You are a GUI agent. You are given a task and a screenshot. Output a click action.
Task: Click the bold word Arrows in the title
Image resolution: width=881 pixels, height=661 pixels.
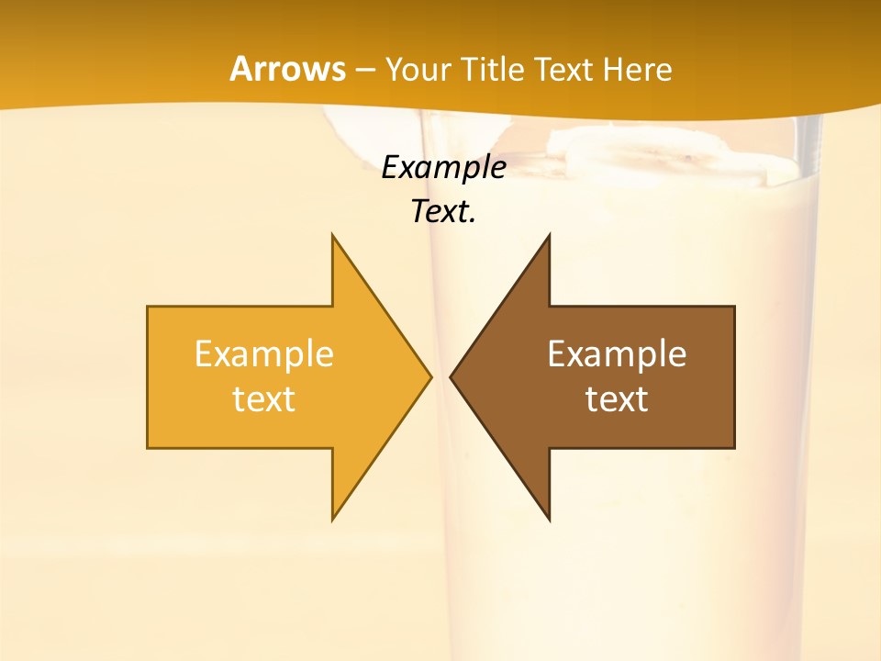[x=288, y=69]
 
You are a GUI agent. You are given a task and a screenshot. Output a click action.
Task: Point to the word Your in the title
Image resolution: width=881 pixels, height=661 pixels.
[x=418, y=70]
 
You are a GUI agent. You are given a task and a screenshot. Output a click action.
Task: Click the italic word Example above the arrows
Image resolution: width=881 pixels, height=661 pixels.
[x=443, y=167]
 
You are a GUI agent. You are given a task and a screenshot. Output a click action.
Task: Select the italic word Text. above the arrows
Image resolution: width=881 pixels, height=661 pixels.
[x=443, y=211]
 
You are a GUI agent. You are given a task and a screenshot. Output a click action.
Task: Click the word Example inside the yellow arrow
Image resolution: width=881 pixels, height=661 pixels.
[x=264, y=353]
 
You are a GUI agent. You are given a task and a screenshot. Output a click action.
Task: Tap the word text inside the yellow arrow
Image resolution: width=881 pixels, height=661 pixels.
[x=264, y=398]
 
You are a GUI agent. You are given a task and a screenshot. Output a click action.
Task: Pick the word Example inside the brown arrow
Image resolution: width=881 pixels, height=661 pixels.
[x=617, y=353]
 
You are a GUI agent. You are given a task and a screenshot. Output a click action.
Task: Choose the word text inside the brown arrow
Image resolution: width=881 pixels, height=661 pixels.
[x=617, y=398]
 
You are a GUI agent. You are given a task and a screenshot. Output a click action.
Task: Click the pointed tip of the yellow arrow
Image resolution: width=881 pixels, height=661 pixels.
[x=429, y=376]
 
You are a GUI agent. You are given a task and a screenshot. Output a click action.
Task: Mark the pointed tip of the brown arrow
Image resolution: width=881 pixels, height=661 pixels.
[x=452, y=376]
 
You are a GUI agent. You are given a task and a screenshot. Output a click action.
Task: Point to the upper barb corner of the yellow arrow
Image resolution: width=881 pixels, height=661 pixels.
[x=333, y=237]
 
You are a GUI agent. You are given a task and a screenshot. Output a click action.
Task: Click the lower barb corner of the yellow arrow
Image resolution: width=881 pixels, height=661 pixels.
[x=333, y=519]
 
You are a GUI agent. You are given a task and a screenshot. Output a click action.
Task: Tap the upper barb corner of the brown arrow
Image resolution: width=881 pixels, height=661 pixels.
[x=549, y=237]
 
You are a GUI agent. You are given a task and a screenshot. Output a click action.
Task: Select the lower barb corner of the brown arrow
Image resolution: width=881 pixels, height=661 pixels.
[x=549, y=519]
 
